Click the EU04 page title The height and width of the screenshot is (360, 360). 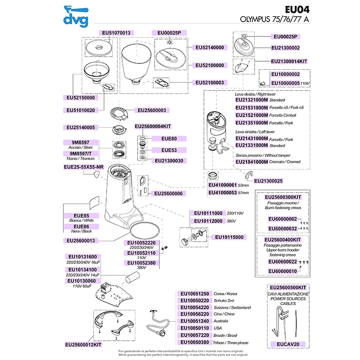[x=297, y=10]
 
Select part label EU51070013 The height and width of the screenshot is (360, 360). [x=117, y=33]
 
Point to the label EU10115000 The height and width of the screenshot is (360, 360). [x=229, y=237]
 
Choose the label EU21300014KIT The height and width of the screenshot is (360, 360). [x=289, y=61]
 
